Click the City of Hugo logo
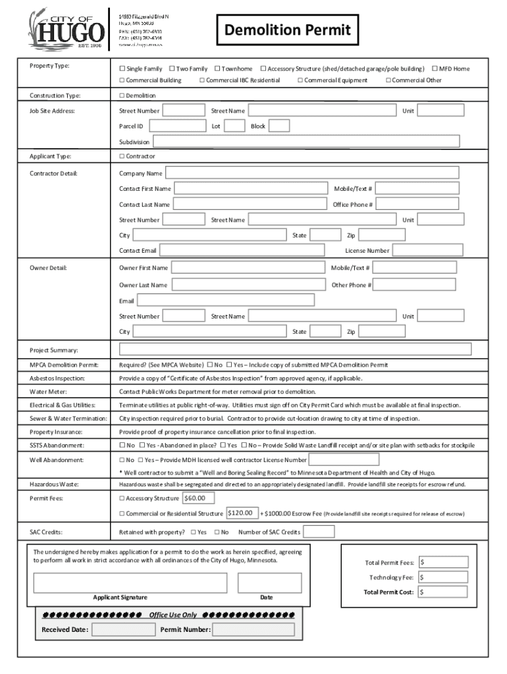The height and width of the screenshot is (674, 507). pyautogui.click(x=65, y=28)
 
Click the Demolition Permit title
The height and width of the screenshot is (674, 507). pyautogui.click(x=288, y=30)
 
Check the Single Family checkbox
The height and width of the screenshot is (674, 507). pyautogui.click(x=122, y=68)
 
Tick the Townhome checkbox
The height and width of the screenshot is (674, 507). pyautogui.click(x=217, y=68)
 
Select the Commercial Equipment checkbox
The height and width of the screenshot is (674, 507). pyautogui.click(x=300, y=80)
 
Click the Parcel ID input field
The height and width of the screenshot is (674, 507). pyautogui.click(x=178, y=126)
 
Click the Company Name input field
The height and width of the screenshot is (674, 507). pyautogui.click(x=311, y=173)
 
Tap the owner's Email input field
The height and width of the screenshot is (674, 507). pyautogui.click(x=225, y=301)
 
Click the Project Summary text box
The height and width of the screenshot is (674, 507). pyautogui.click(x=295, y=349)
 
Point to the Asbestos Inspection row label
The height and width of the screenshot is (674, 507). pyautogui.click(x=56, y=378)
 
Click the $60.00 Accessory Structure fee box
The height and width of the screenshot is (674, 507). pyautogui.click(x=198, y=498)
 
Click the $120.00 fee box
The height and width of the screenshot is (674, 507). pyautogui.click(x=241, y=513)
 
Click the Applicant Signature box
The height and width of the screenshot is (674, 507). pyautogui.click(x=130, y=583)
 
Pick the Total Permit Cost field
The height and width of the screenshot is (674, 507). pyautogui.click(x=443, y=592)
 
